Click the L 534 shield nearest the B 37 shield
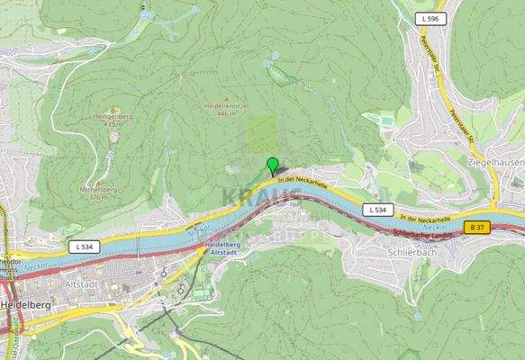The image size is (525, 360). [x=379, y=210]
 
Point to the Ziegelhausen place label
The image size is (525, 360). [x=495, y=162]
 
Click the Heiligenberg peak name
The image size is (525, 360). [x=114, y=115]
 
